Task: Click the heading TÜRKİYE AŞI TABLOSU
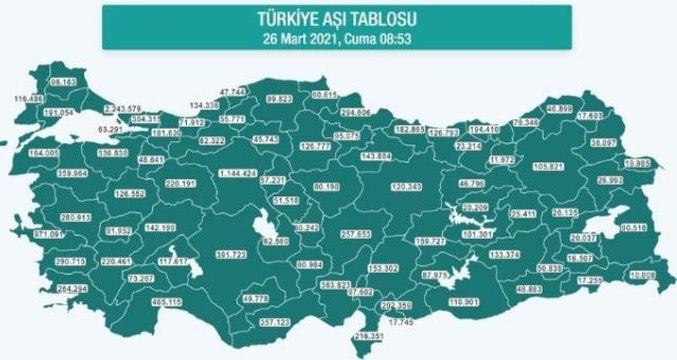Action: tap(338, 19)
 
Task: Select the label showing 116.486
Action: tap(30, 99)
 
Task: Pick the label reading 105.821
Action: tap(550, 166)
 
